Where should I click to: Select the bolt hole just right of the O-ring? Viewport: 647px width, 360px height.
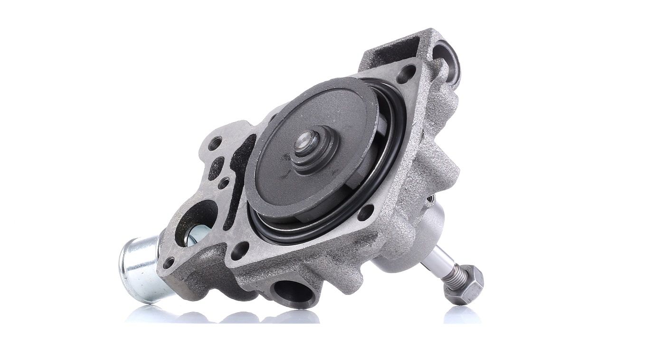(x=366, y=212)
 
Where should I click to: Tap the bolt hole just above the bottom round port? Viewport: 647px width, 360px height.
(x=240, y=250)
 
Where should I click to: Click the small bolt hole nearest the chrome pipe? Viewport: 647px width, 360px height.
(x=169, y=263)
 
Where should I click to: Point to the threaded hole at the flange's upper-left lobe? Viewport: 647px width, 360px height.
(x=216, y=142)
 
